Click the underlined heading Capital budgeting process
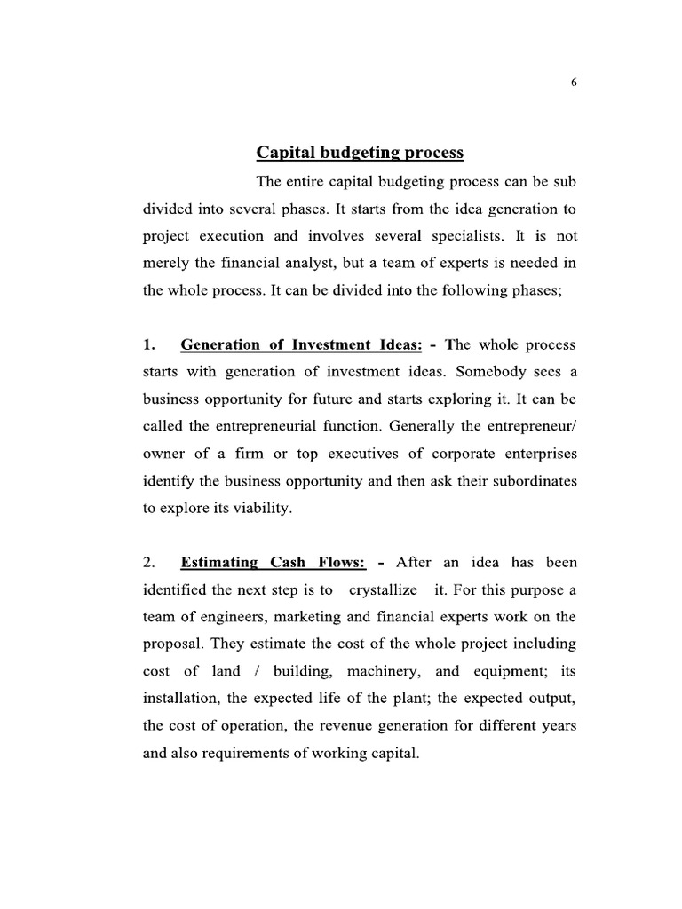pos(360,153)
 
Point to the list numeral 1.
pos(148,344)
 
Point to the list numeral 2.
pos(148,562)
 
